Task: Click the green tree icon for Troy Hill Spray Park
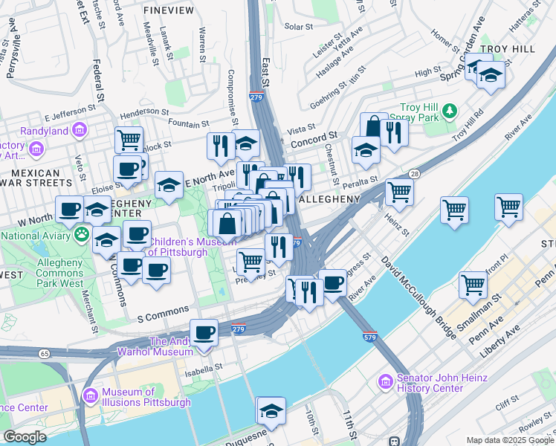click(x=449, y=111)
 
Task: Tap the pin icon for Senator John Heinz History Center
click(x=386, y=382)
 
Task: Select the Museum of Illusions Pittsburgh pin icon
click(x=91, y=396)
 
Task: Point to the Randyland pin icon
click(x=79, y=132)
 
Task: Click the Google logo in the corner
click(x=25, y=437)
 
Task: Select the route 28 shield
click(x=414, y=173)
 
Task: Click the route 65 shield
click(x=45, y=354)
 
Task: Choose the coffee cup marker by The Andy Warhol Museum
click(x=204, y=332)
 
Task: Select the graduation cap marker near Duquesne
click(x=271, y=410)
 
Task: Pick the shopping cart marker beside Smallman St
click(x=473, y=285)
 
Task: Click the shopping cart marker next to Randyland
click(x=129, y=139)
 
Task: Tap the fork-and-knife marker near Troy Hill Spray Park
click(x=392, y=132)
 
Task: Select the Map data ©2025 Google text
click(x=510, y=440)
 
